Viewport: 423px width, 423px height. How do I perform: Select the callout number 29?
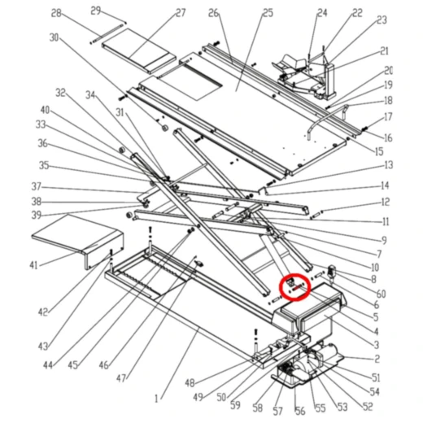[95, 10]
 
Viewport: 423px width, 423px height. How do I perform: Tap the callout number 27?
[180, 13]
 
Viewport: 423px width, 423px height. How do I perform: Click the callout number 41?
[33, 265]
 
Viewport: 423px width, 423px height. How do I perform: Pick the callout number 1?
[157, 398]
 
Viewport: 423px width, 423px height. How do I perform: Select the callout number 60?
[381, 293]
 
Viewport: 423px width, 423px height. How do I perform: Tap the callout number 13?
[388, 165]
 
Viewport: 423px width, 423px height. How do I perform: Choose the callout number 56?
[298, 411]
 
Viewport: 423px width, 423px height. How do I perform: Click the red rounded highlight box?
[294, 287]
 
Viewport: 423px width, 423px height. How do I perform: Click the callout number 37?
[36, 185]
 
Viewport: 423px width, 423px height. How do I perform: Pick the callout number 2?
[377, 358]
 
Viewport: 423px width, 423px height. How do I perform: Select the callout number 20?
[389, 71]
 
